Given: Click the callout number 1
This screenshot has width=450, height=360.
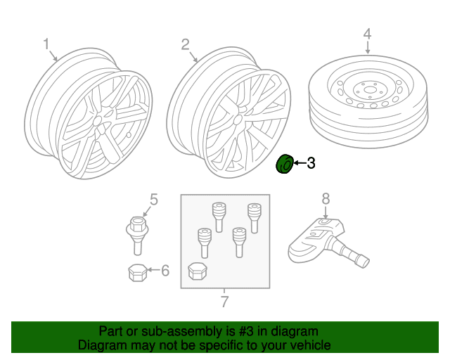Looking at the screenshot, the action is (46, 44).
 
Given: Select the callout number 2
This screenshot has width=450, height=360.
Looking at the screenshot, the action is (186, 44).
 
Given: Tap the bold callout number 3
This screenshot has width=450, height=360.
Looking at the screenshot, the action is (311, 163).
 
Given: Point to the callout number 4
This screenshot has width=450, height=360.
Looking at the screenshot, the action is (367, 34).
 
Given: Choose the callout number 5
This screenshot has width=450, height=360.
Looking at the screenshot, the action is (154, 200).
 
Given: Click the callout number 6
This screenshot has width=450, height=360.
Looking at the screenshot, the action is (165, 271).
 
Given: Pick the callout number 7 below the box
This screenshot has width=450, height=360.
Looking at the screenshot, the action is (225, 302).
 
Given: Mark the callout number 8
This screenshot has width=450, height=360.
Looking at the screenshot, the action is (326, 199).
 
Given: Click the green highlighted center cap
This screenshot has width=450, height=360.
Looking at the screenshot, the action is (284, 165).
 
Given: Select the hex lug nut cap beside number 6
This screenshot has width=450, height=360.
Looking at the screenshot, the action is (138, 272).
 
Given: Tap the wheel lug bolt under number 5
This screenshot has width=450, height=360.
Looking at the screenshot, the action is (137, 236).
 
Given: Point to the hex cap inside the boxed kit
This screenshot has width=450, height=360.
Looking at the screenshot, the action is (198, 271).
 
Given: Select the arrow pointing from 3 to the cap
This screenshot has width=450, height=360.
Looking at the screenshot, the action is (300, 163).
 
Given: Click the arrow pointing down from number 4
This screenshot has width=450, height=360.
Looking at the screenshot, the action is (368, 47).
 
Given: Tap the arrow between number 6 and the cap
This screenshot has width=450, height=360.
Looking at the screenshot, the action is (153, 270).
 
